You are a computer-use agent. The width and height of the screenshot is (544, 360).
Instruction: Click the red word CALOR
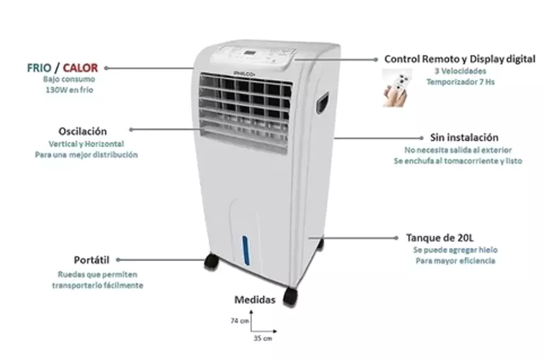tap(80, 67)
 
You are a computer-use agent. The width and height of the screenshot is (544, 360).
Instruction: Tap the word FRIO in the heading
tap(39, 67)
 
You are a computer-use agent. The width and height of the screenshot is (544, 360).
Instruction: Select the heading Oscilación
tap(82, 131)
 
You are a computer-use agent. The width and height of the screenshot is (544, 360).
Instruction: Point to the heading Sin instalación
tap(464, 138)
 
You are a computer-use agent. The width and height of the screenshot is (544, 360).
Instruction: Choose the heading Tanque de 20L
tap(440, 238)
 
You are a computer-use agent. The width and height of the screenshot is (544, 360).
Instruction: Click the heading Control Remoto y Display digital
tap(460, 59)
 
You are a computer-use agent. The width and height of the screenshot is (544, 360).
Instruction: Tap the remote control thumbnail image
tap(397, 88)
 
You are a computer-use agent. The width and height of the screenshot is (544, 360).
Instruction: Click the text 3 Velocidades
tap(461, 71)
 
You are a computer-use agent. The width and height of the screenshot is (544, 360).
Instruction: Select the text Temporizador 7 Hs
tap(461, 82)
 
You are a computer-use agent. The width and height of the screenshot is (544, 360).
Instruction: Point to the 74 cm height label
tap(240, 321)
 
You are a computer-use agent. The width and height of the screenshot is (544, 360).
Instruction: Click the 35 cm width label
tap(262, 338)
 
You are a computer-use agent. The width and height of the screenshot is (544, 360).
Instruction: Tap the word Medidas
tap(255, 299)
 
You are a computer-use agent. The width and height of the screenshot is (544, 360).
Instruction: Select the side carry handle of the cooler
tap(322, 102)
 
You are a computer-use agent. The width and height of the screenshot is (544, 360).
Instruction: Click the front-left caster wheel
tap(211, 261)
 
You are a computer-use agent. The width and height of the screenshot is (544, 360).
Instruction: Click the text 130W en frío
tap(70, 90)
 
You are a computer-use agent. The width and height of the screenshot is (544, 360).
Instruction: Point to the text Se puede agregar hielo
tap(455, 250)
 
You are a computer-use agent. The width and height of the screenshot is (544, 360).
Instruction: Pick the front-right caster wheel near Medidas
tap(290, 297)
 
